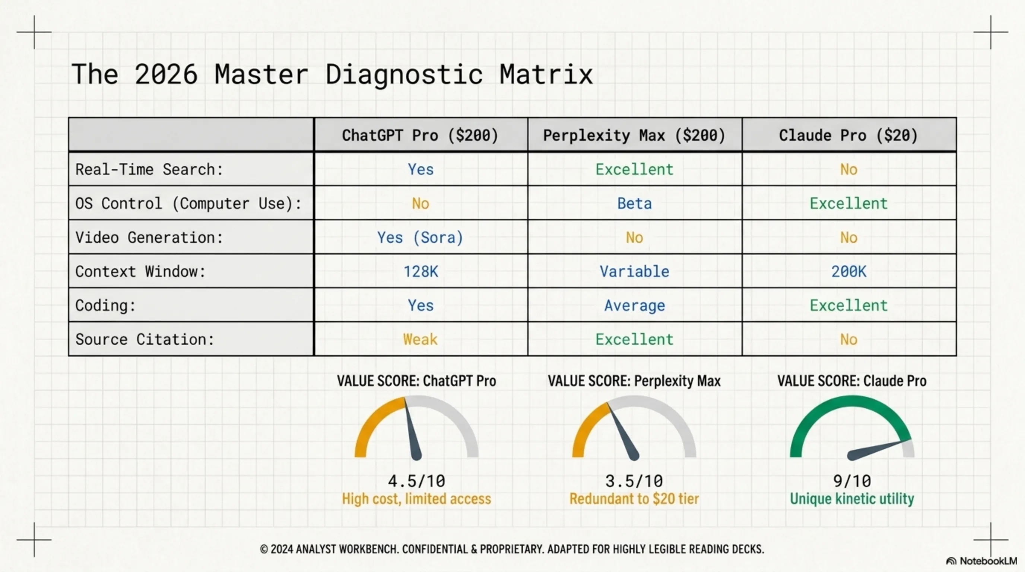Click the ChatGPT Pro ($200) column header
point(420,136)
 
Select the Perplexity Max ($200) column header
point(634,136)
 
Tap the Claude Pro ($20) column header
point(848,136)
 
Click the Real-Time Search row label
point(149,169)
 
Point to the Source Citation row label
point(145,339)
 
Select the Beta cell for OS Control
point(634,204)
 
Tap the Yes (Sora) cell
point(420,238)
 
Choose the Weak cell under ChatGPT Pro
point(420,339)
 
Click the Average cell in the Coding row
point(634,305)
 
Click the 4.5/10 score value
point(416,481)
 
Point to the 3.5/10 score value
point(634,481)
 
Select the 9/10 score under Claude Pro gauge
point(852,481)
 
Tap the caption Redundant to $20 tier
point(634,499)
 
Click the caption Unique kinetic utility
point(852,499)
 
